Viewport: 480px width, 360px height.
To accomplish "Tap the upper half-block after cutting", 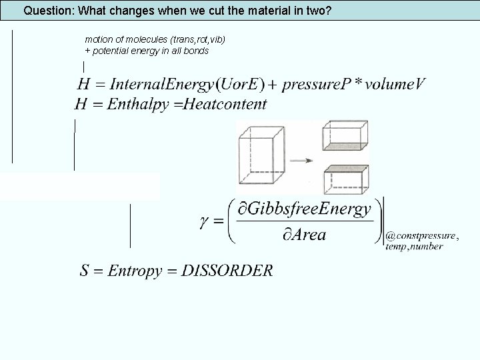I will [x=345, y=136].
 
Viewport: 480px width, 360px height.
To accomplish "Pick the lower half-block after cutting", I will [x=345, y=179].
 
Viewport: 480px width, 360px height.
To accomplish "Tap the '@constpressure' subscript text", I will [x=422, y=235].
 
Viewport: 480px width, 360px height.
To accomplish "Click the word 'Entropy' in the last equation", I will [x=135, y=271].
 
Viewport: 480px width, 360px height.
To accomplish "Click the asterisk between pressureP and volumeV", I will [x=359, y=82].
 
